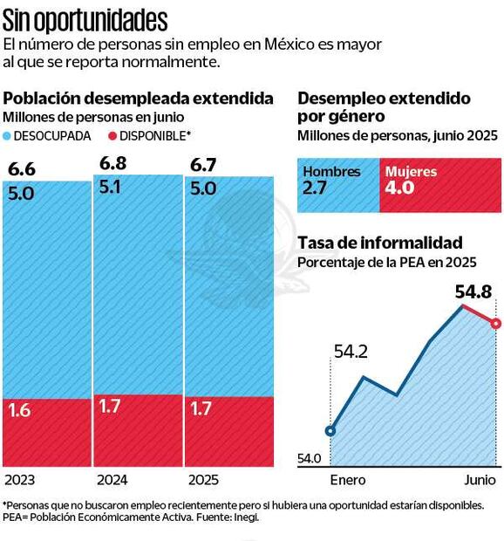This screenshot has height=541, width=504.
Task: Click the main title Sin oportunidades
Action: click(x=85, y=18)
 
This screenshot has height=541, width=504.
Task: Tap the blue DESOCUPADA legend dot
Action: click(x=9, y=137)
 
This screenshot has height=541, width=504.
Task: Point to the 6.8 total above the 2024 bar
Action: click(x=112, y=163)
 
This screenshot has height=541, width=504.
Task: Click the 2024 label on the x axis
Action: click(x=112, y=480)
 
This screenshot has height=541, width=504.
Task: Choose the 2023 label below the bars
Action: click(x=20, y=480)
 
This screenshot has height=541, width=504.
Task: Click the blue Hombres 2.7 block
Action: click(x=338, y=185)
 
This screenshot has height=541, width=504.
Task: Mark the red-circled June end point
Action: click(x=495, y=324)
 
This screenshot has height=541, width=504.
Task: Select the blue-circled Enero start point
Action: click(x=330, y=430)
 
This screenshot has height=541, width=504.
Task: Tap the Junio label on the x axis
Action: click(x=479, y=481)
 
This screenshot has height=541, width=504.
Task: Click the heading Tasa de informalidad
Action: click(x=380, y=243)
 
